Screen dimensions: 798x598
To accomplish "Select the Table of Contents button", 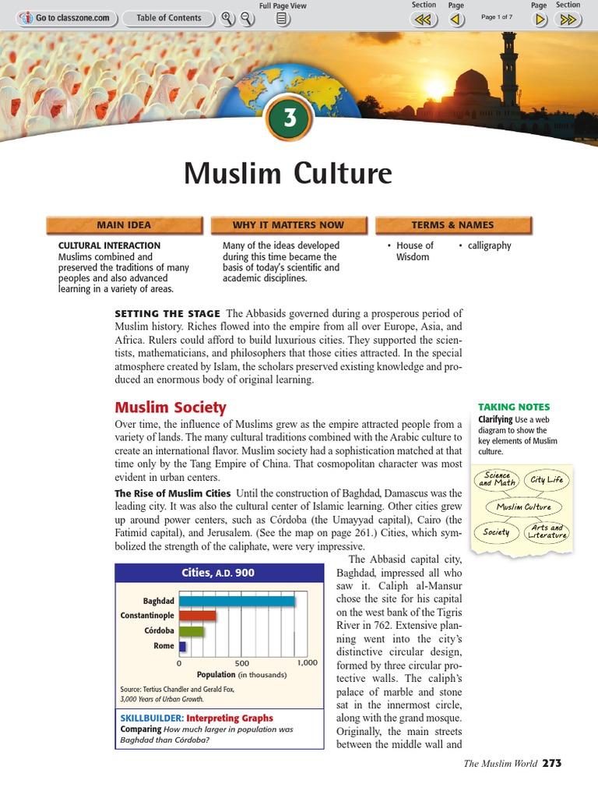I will click(168, 18).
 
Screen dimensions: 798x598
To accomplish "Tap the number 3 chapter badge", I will click(290, 119).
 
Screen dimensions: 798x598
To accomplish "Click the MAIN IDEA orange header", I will click(124, 225).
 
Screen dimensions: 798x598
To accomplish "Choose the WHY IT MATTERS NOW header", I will click(288, 225).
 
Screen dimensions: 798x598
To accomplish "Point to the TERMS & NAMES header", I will click(452, 225).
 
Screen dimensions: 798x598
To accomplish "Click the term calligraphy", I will click(489, 245).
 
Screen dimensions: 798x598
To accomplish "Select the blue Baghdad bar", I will click(237, 601).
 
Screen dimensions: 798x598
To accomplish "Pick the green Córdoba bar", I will click(191, 630).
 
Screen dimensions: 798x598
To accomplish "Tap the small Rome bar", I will click(182, 646).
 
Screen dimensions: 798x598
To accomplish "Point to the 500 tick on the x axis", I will click(242, 663).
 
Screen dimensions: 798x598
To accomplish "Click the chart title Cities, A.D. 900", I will click(218, 573).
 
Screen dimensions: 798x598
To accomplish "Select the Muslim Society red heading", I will click(171, 407).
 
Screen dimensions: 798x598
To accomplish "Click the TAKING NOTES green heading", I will click(513, 407).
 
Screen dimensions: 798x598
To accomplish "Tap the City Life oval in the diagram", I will click(547, 480).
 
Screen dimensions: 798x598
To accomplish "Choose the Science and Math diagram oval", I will click(497, 479).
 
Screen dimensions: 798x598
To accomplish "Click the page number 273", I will click(551, 763).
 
